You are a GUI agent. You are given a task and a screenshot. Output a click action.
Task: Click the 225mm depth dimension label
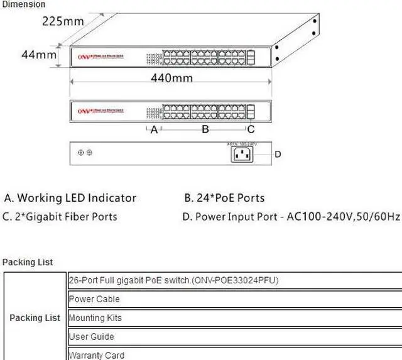pos(63,21)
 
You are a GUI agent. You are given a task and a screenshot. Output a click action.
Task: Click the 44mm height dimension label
pos(39,55)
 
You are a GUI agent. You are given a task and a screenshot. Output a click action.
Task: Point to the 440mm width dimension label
pos(171,78)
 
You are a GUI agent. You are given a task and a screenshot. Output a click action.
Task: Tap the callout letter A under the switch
pos(154,130)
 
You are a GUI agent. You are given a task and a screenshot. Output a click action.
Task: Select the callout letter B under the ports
pos(204,130)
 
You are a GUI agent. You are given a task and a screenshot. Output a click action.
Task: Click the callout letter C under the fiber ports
pos(250,130)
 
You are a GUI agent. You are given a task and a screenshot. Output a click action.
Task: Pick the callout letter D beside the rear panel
pos(278,154)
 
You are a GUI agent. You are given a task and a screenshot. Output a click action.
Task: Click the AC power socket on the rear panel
pos(244,154)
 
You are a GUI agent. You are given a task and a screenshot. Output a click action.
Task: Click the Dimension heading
pos(23,4)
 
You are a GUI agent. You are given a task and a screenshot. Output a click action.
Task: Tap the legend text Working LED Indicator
pos(70,198)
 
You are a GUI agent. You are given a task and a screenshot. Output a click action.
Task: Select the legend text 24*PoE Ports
pos(224,198)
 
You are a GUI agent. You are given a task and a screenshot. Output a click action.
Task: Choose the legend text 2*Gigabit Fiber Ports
pos(60,217)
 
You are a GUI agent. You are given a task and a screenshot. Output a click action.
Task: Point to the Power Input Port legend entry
pos(291,217)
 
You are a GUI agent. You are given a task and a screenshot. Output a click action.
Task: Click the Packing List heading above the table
pos(28,262)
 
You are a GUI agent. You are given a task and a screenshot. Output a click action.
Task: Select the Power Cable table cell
pos(94,299)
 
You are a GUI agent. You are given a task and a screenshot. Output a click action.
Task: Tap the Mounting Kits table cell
pos(95,318)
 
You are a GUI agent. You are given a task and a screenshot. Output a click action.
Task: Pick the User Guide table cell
pos(92,337)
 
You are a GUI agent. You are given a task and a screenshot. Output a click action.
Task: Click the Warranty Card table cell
pos(97,355)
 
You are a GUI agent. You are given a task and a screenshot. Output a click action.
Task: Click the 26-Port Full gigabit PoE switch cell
pos(173,280)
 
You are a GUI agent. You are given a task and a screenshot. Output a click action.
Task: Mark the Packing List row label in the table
pos(35,318)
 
